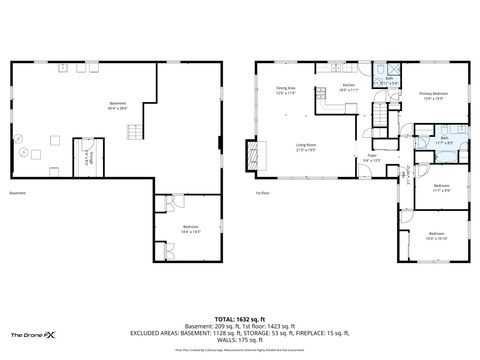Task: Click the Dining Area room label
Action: [x=285, y=90]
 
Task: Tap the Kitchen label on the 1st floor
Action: [x=349, y=87]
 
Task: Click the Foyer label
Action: [x=370, y=157]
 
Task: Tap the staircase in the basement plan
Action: [x=76, y=156]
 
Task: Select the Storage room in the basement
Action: [x=88, y=157]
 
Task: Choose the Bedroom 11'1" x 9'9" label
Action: [x=441, y=188]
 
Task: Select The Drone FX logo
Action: [x=38, y=335]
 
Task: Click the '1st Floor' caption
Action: [x=263, y=193]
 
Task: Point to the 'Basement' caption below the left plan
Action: [x=17, y=193]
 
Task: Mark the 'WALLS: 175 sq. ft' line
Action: [x=239, y=341]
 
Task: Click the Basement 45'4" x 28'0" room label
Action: [x=118, y=105]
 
